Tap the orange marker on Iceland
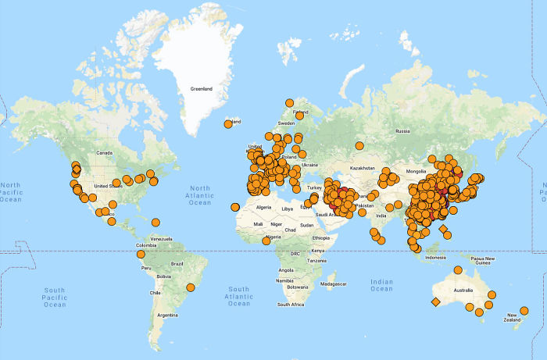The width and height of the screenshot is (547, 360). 228,123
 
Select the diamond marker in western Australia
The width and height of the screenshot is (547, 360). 435,301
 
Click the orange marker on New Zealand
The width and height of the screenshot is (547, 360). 524,311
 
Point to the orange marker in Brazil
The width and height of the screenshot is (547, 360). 190,287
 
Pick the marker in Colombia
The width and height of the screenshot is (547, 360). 141,254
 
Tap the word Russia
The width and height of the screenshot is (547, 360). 403,131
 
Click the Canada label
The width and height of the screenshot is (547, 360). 104,152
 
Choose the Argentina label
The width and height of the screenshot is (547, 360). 167,315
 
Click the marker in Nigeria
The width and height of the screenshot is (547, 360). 266,241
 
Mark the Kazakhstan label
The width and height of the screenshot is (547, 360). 363,168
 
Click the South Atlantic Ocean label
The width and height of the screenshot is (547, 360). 239,294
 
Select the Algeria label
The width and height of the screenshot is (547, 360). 263,207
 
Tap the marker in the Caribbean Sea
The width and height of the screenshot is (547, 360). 156,222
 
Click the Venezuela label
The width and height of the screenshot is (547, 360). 161,237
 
